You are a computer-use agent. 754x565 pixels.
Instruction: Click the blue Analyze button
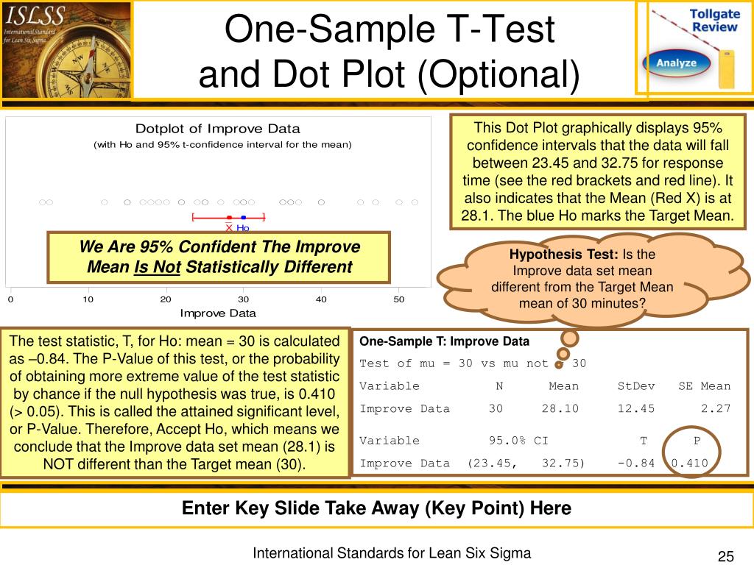click(x=676, y=63)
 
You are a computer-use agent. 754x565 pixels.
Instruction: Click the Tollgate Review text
click(x=714, y=21)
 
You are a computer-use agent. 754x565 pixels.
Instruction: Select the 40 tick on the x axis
click(x=321, y=299)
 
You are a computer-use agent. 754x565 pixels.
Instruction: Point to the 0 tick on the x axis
click(x=10, y=299)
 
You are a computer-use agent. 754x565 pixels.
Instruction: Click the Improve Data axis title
click(x=218, y=313)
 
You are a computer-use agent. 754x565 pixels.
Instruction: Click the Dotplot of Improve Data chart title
click(x=217, y=129)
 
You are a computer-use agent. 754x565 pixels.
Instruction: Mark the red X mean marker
click(x=229, y=227)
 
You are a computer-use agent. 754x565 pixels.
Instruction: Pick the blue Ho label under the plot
click(x=243, y=228)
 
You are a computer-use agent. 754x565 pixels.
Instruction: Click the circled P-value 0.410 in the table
click(x=689, y=463)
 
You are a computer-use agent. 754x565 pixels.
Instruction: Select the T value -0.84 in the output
click(x=635, y=463)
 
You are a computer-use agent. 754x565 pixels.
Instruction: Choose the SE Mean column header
click(x=705, y=385)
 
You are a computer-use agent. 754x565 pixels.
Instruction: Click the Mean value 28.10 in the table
click(x=564, y=408)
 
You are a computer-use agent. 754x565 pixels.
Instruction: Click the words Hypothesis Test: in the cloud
click(x=564, y=255)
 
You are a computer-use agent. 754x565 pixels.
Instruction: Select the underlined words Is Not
click(x=158, y=266)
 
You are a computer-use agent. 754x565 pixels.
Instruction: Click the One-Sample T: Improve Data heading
click(x=444, y=341)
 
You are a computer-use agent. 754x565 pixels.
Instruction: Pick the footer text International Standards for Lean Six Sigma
click(x=392, y=553)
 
